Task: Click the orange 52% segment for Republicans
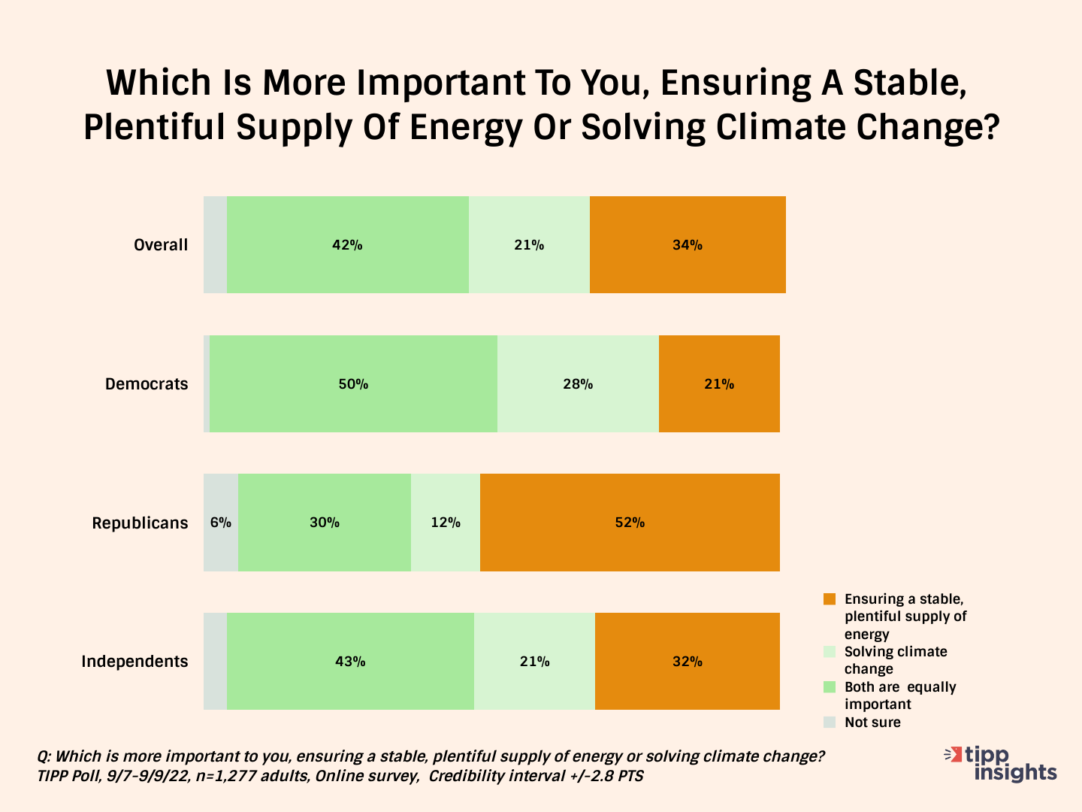[630, 523]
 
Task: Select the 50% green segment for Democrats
[353, 384]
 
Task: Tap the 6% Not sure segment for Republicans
[221, 523]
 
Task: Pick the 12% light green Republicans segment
[445, 523]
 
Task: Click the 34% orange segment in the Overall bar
[688, 245]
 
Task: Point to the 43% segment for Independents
[350, 661]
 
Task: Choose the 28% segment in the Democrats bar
[579, 384]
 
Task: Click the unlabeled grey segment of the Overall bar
[216, 245]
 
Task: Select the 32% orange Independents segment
[688, 661]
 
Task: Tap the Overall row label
[161, 245]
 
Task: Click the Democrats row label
[147, 384]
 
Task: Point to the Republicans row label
[140, 523]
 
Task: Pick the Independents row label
[134, 661]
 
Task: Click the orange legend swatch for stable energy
[830, 599]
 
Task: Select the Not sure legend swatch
[830, 723]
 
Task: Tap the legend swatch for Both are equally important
[830, 686]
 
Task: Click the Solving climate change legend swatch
[830, 651]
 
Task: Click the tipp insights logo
[1001, 764]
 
